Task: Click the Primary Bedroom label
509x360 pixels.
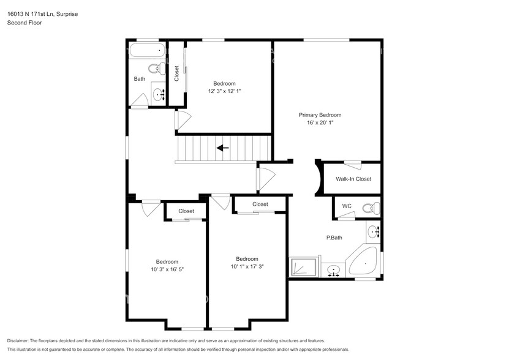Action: coord(320,115)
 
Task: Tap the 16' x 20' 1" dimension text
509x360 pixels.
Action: coord(320,122)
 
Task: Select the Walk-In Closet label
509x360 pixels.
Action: coord(353,179)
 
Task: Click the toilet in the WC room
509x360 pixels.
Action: coord(371,208)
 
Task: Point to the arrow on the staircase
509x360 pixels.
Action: coord(223,148)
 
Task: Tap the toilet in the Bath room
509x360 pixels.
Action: coord(157,68)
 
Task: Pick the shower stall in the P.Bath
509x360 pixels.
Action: coord(303,267)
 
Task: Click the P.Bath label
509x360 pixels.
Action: coord(334,238)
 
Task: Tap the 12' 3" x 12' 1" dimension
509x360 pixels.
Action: coord(225,91)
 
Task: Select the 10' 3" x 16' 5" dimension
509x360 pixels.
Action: coord(167,269)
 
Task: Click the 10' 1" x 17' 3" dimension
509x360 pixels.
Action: coord(247,266)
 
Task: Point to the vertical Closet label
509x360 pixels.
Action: coord(176,73)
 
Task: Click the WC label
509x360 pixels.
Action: coord(347,206)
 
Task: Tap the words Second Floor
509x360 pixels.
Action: coord(25,23)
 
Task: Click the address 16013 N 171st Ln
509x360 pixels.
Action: coord(29,14)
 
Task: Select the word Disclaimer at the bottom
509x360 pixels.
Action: coord(18,341)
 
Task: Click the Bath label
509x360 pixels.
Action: coord(140,79)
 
